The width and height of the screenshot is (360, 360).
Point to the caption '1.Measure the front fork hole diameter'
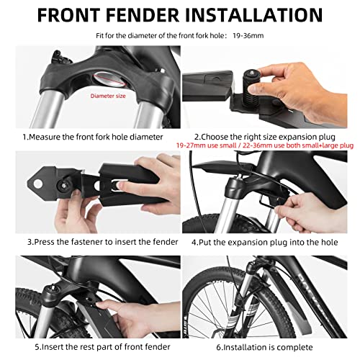[91, 135]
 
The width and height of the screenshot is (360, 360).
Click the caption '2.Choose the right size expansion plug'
[269, 135]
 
